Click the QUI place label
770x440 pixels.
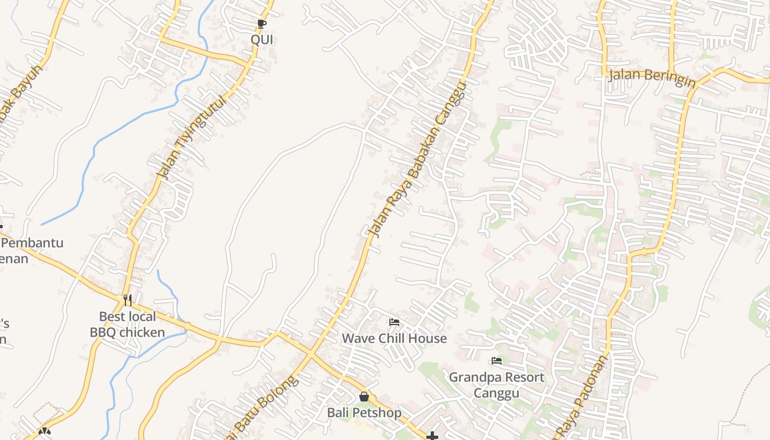tap(262, 40)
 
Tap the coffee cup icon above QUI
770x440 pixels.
tap(262, 24)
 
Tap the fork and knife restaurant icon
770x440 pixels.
tap(128, 300)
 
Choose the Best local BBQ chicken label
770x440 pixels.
tap(128, 324)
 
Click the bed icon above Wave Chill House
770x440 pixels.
tap(394, 322)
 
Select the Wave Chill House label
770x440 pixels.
tap(394, 338)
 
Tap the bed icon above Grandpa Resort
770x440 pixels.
tap(497, 361)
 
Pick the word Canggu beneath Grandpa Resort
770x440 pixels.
tap(497, 393)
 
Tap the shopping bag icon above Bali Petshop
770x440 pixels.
tap(364, 397)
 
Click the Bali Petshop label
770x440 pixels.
tap(364, 413)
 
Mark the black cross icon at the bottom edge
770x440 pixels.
tap(433, 436)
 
